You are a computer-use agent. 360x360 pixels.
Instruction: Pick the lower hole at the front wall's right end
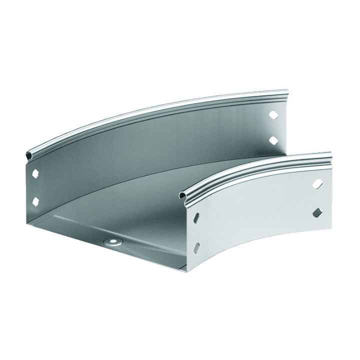pyautogui.click(x=316, y=214)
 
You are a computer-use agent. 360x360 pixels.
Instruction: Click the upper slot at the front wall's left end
pyautogui.click(x=196, y=217)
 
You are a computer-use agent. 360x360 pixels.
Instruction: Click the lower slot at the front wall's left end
pyautogui.click(x=196, y=246)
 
